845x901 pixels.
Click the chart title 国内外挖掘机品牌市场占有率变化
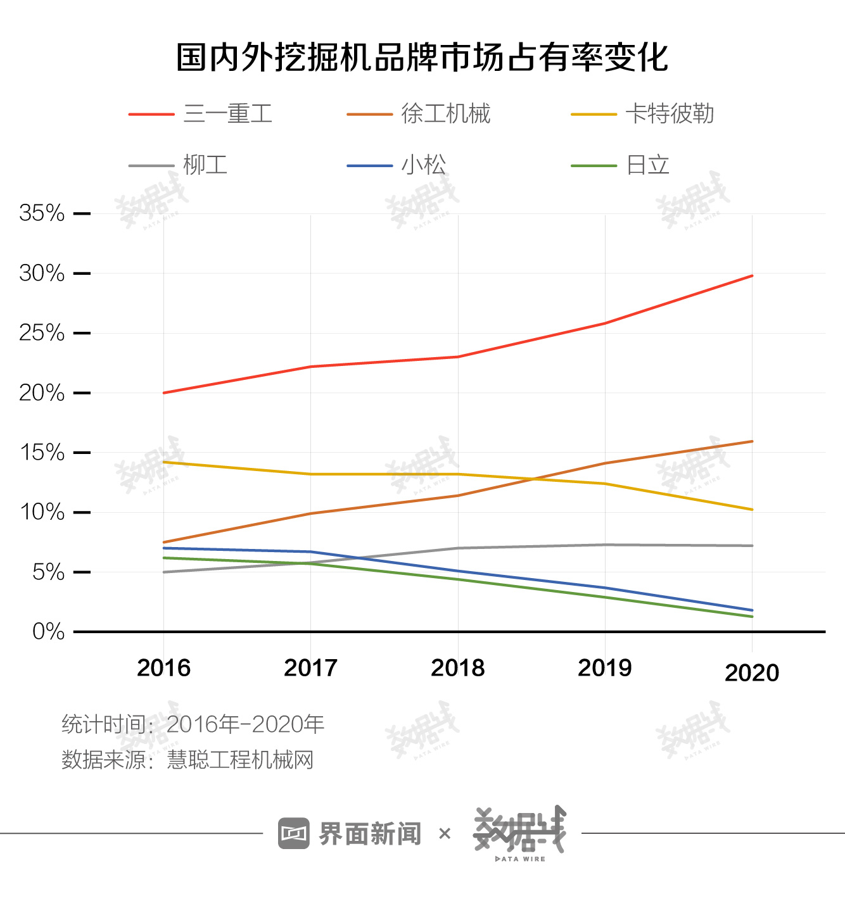click(x=422, y=58)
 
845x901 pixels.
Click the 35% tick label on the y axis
click(x=42, y=213)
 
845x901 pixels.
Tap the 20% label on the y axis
click(x=42, y=393)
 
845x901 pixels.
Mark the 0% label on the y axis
click(x=48, y=632)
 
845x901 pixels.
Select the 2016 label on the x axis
click(x=163, y=668)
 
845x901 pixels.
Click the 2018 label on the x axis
click(x=457, y=668)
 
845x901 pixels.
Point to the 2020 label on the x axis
click(x=752, y=673)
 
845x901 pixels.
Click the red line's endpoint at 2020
click(x=752, y=276)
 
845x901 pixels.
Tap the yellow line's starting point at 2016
click(x=164, y=462)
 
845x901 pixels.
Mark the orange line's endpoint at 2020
click(x=752, y=441)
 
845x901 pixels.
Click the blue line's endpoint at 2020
click(x=752, y=610)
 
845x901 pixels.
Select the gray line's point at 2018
click(x=458, y=548)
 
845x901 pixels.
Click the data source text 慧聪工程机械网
click(x=240, y=759)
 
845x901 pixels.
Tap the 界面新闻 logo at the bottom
click(x=350, y=834)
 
